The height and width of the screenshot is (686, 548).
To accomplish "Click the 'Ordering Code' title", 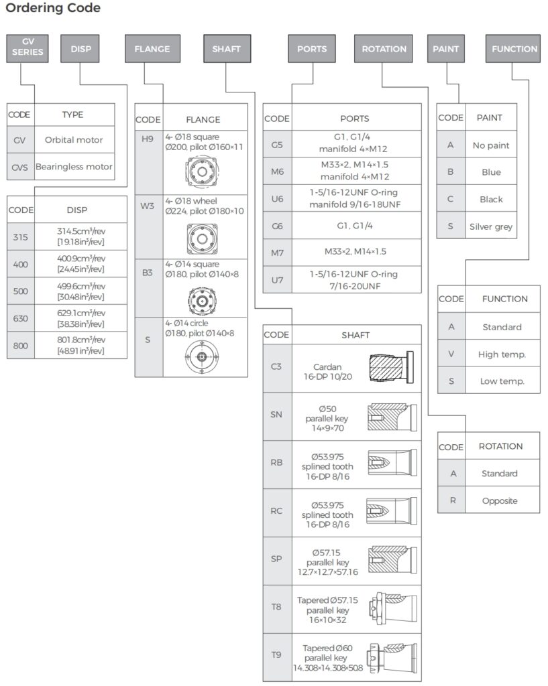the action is click(53, 8).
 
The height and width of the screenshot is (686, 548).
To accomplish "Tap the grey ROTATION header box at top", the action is click(383, 48).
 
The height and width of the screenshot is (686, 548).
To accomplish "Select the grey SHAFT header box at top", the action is click(227, 48).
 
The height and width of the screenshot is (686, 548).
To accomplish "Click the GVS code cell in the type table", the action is click(20, 167).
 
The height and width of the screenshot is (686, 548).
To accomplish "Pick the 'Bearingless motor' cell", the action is click(74, 167).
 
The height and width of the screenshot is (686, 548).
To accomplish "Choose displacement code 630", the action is click(21, 318).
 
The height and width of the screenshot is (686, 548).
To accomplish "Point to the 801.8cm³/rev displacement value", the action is click(80, 345).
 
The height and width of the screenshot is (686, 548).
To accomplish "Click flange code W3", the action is click(148, 206).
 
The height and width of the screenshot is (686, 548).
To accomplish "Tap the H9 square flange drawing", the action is click(202, 171).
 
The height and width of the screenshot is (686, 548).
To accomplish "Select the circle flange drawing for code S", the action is click(202, 357).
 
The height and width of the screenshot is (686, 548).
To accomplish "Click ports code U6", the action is click(277, 198).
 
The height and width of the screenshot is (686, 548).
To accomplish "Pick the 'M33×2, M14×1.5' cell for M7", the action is click(355, 252).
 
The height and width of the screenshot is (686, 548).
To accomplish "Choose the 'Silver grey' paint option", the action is click(491, 226).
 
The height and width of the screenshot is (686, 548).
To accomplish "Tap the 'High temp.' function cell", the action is click(502, 354).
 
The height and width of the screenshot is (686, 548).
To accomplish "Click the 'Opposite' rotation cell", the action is click(500, 500).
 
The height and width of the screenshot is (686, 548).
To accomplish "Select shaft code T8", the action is click(276, 607).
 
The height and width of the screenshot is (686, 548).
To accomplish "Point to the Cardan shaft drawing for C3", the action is click(391, 368).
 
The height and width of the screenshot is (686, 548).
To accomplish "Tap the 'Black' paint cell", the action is click(491, 199).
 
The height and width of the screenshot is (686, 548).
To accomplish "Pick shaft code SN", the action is click(276, 414).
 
